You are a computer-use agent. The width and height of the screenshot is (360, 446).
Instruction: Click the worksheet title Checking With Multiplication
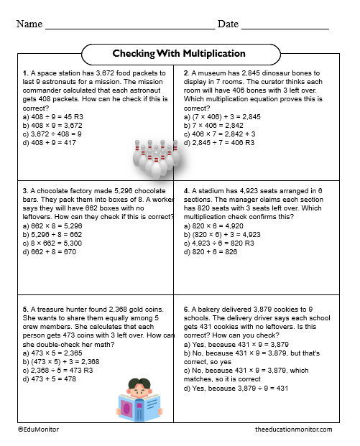point(179,54)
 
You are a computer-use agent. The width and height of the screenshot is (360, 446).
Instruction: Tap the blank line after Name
point(129,27)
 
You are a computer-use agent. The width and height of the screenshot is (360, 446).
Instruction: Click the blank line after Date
point(285,27)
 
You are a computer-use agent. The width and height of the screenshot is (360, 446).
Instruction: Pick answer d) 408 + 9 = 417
point(52,143)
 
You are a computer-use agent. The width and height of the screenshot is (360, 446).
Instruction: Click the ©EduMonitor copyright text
point(40,429)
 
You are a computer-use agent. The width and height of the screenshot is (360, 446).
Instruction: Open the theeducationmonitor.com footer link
point(293,429)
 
